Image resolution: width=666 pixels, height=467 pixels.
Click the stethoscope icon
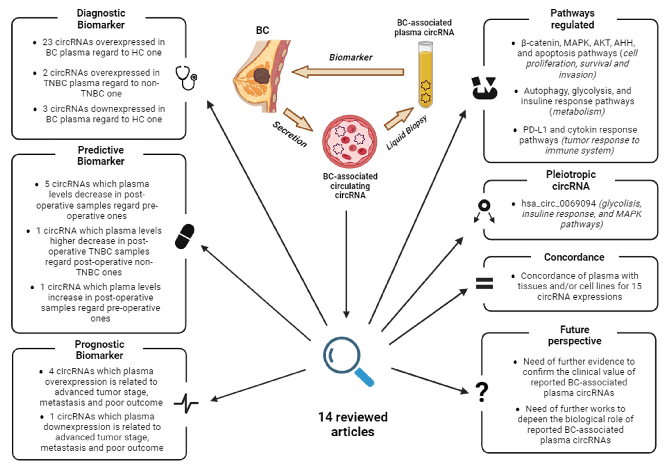coord(186,78)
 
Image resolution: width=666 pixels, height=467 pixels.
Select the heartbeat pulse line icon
coord(186,403)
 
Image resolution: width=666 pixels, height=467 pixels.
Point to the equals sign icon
coord(484,283)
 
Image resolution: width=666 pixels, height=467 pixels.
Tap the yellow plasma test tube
coord(425,75)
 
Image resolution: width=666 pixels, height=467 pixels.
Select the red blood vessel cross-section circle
coord(349,141)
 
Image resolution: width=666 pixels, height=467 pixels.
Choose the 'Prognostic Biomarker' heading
coord(99,350)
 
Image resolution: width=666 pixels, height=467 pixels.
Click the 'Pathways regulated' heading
coord(572,19)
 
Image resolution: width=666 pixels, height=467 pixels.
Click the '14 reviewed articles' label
coord(353,424)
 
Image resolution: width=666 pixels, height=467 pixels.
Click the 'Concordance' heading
coord(574,257)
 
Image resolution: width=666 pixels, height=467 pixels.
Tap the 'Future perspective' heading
coord(574,335)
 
